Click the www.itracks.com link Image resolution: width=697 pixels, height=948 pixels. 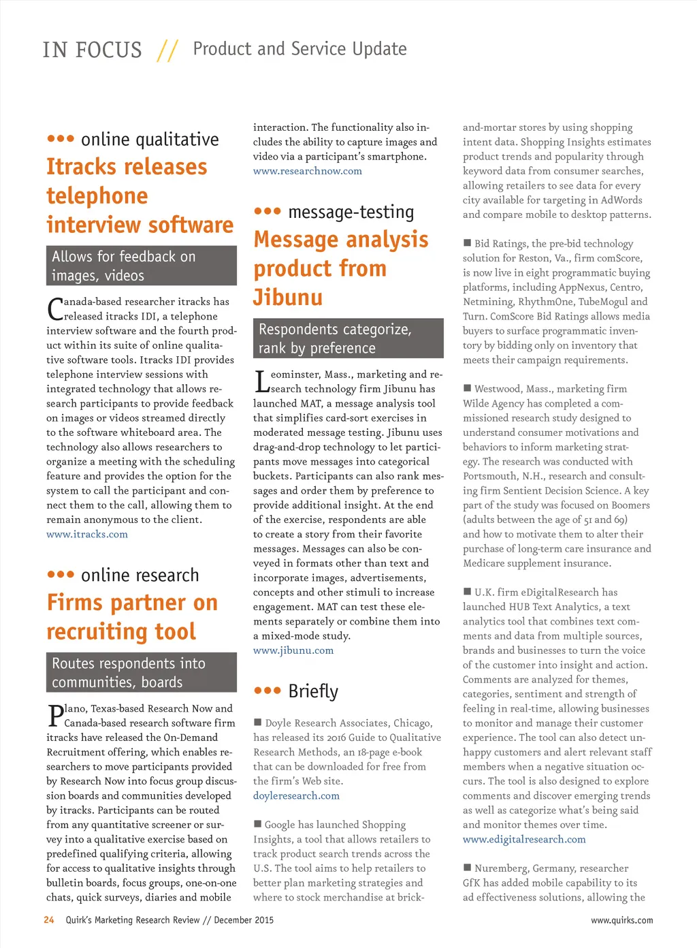tap(87, 535)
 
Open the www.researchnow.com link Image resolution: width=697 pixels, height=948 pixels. tap(308, 172)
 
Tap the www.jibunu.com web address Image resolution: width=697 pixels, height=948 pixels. tap(293, 651)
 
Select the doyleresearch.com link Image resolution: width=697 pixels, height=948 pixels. tap(296, 796)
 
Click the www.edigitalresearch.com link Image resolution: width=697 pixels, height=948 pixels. tap(524, 840)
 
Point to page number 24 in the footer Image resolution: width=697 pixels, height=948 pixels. tap(49, 920)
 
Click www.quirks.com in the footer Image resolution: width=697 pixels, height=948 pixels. tap(621, 921)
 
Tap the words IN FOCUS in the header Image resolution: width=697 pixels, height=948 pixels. tap(93, 50)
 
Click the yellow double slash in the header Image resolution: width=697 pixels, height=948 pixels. tap(167, 50)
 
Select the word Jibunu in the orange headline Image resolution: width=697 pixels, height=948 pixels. tap(288, 298)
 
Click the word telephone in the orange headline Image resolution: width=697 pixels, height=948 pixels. tap(97, 196)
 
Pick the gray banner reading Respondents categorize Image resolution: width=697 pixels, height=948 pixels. tap(348, 338)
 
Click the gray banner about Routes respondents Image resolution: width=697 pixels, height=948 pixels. tap(142, 673)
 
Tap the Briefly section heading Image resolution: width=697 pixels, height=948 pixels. tap(313, 692)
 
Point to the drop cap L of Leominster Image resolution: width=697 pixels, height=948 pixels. tap(261, 382)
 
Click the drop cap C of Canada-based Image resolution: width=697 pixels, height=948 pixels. tap(55, 309)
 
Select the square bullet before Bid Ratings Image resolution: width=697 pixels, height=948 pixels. tap(468, 243)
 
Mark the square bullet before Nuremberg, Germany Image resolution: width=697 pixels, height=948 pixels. tap(468, 868)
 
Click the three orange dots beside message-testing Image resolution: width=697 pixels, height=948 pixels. tap(268, 212)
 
